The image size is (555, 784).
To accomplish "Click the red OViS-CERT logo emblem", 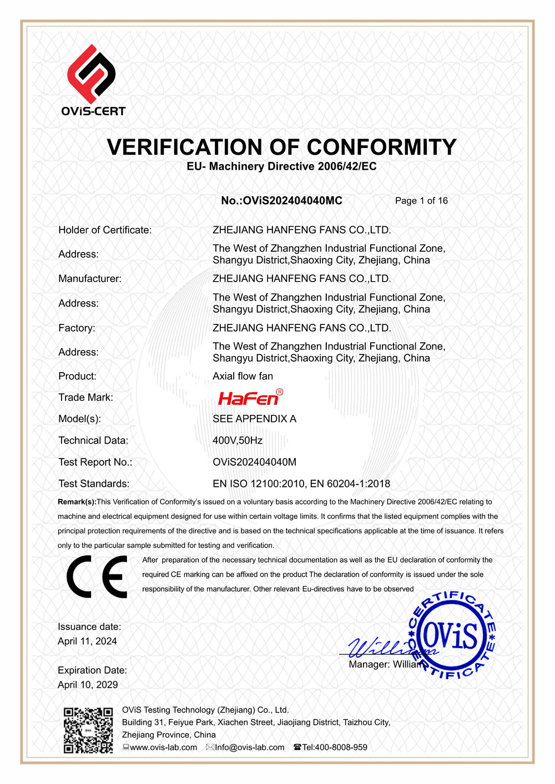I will [92, 74].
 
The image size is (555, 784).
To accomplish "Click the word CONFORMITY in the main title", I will [381, 147].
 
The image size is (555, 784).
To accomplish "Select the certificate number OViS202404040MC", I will [292, 201].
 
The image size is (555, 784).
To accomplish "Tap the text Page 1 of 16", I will [421, 201].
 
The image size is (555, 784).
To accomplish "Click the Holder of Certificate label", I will [105, 230].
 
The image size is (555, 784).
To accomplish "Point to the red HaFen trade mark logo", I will [250, 398].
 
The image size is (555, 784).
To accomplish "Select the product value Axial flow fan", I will [243, 376].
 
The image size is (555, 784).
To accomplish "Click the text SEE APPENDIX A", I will [254, 419].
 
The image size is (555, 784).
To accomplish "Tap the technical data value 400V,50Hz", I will [238, 440].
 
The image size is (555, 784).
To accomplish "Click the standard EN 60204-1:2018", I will [350, 483].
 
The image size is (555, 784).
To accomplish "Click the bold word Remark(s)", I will [77, 502].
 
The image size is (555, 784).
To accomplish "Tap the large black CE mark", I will [97, 577].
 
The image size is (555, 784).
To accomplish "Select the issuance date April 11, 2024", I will [87, 642].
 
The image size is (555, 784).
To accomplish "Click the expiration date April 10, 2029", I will [88, 685].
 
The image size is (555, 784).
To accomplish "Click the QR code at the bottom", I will [88, 730].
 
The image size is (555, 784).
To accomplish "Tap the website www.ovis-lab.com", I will [163, 747].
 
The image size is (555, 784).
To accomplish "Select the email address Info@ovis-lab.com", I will [249, 747].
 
